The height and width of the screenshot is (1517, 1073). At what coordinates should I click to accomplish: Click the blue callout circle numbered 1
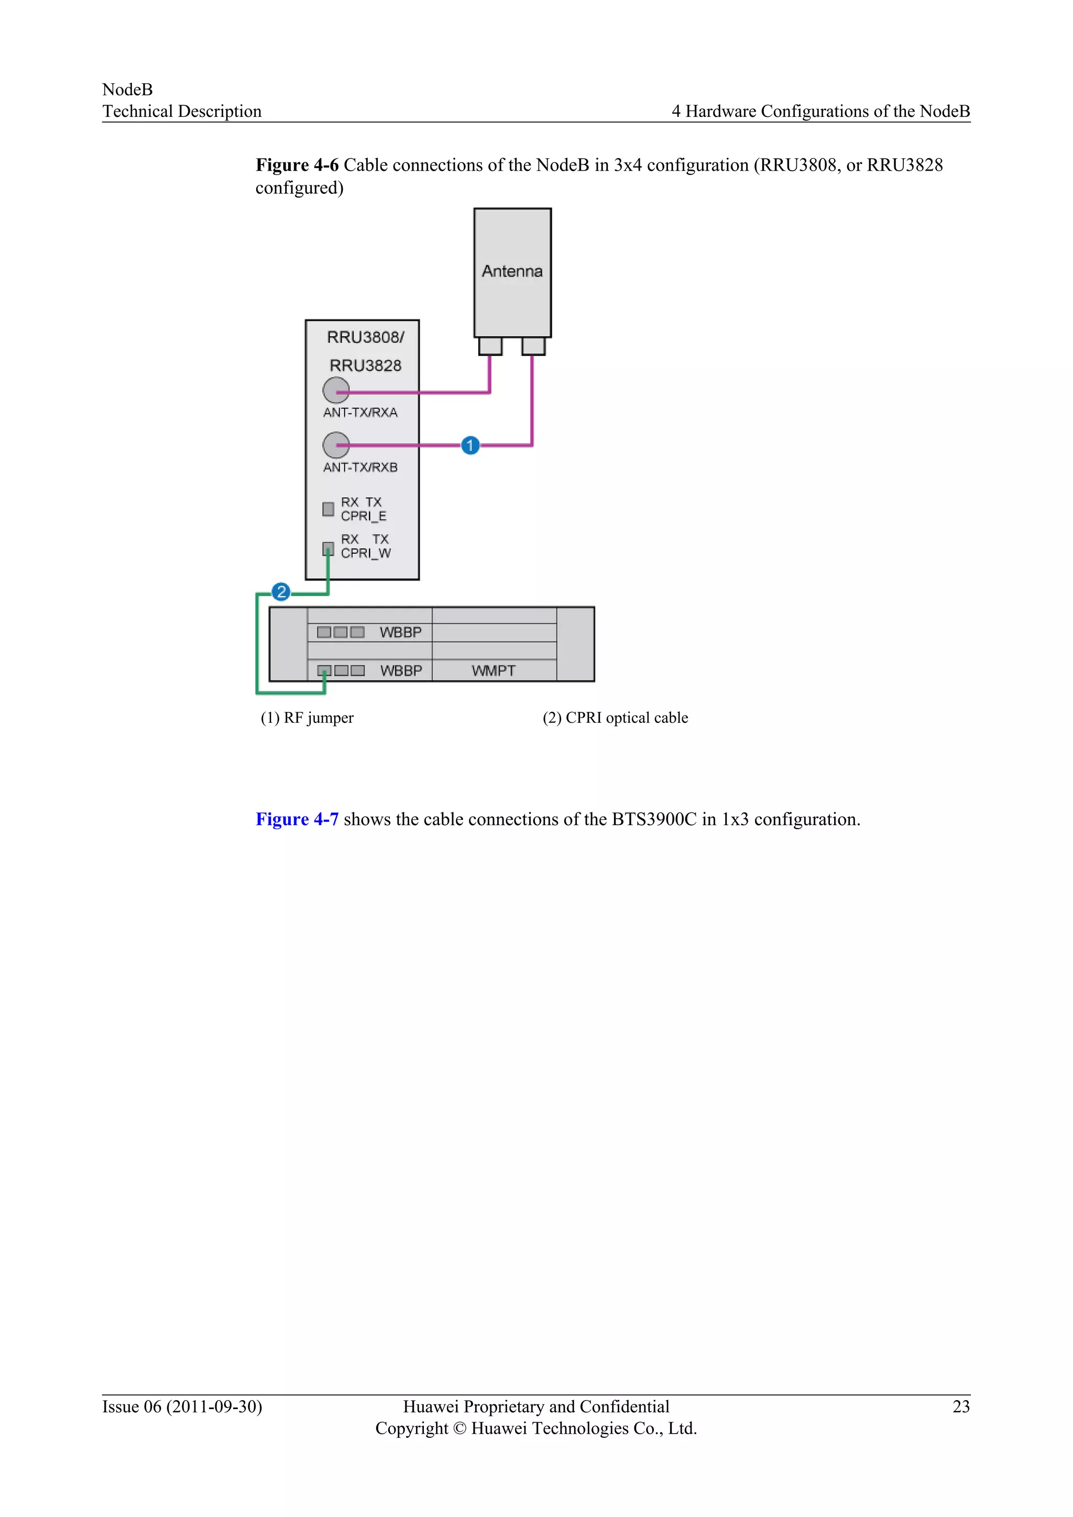click(x=470, y=445)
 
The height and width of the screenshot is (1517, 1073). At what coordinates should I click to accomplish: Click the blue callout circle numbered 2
click(x=281, y=591)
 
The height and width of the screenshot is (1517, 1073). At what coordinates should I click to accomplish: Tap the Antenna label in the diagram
click(x=512, y=271)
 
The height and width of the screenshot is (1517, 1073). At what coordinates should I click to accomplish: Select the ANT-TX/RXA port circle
click(x=336, y=390)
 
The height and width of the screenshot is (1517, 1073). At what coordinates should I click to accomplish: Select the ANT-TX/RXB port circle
click(x=336, y=445)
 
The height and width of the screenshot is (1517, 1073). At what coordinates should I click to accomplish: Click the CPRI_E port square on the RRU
click(x=327, y=509)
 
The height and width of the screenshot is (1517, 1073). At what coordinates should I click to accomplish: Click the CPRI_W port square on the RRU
click(x=327, y=548)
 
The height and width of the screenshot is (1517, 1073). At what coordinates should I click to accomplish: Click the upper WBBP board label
click(x=400, y=632)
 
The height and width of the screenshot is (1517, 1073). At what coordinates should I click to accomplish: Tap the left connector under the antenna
click(x=490, y=346)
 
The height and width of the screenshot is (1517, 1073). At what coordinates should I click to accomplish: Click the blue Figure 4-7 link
click(x=297, y=819)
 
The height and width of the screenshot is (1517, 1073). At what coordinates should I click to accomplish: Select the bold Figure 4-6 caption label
click(x=297, y=165)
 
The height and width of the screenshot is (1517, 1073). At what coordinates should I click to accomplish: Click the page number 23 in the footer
click(x=961, y=1406)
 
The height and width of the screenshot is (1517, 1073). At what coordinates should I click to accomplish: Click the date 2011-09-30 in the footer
click(x=213, y=1406)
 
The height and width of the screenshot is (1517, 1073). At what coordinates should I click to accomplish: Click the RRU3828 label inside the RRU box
click(x=365, y=366)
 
